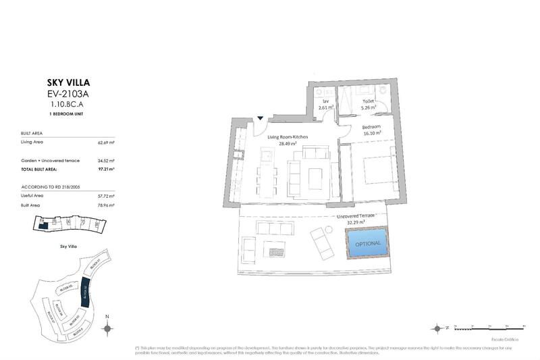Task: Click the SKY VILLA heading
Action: tap(66, 84)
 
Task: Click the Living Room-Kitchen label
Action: tap(288, 137)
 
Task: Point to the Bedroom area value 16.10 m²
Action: tap(372, 134)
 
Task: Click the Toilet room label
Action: tap(368, 101)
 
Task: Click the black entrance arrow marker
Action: tap(261, 119)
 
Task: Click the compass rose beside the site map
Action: tap(107, 328)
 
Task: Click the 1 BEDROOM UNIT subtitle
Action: tap(66, 115)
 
